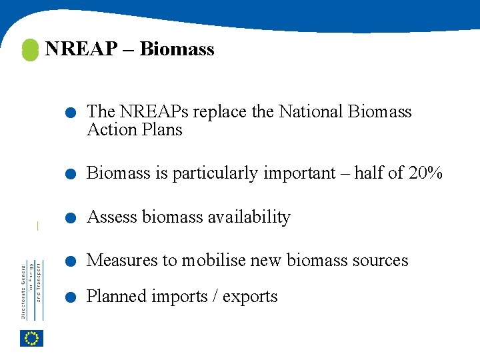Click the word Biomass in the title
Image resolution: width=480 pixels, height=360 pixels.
click(x=177, y=49)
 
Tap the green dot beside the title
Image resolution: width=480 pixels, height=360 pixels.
click(x=30, y=50)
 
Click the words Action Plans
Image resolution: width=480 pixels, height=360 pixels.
click(x=135, y=129)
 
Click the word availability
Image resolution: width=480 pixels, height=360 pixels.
click(x=249, y=217)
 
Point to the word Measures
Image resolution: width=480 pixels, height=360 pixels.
click(x=122, y=260)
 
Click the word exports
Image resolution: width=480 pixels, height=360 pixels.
click(x=250, y=297)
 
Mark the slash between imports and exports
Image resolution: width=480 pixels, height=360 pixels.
click(x=214, y=297)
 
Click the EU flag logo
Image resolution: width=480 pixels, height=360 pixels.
click(x=31, y=338)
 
